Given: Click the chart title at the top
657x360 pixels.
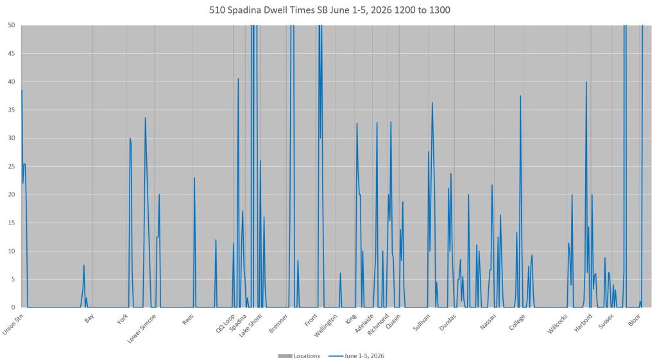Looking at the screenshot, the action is click(330, 10).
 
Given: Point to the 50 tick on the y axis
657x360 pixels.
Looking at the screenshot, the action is click(12, 25).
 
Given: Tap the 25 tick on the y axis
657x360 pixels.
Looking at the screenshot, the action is click(12, 166).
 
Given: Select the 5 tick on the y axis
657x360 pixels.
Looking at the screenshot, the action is click(13, 279).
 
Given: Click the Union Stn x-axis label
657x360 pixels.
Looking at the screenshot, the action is click(13, 325).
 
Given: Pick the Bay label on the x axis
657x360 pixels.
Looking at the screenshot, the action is click(89, 318).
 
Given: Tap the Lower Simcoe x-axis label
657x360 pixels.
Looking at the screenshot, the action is click(142, 329).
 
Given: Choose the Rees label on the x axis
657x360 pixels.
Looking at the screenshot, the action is click(188, 320).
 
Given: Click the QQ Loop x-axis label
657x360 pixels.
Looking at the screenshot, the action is click(225, 323).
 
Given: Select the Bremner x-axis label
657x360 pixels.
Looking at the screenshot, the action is click(278, 323).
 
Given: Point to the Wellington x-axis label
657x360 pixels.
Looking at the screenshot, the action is click(325, 325).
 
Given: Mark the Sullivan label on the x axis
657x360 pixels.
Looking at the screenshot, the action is click(422, 323).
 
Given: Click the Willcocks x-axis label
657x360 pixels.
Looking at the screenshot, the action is click(558, 324).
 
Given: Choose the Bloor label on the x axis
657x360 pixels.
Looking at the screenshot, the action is click(635, 320).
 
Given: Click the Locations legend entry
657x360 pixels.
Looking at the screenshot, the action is click(299, 356).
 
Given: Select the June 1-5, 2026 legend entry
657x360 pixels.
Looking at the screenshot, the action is click(356, 356).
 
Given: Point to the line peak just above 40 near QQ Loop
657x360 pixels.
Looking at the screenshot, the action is click(238, 79).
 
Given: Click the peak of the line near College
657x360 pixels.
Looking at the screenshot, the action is click(520, 96).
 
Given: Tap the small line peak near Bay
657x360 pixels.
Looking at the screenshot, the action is click(84, 265).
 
